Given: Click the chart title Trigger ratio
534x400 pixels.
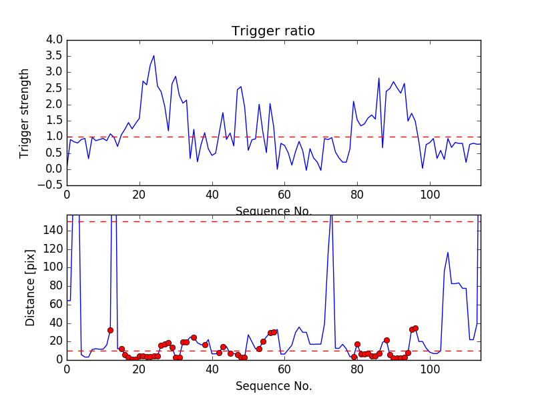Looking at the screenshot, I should tap(273, 31).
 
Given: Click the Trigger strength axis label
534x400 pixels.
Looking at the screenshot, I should tap(25, 113).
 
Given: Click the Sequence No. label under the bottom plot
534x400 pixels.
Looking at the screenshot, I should tap(273, 386).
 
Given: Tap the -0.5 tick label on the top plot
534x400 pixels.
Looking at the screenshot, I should tap(52, 185).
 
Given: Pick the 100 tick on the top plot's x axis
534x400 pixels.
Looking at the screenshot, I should tap(429, 195).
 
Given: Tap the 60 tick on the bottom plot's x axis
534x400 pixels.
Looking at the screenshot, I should tap(284, 369).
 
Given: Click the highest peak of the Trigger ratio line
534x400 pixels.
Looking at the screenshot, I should tap(154, 55).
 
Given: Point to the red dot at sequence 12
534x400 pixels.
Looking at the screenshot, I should tap(110, 330).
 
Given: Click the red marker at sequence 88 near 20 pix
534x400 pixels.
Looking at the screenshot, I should tap(386, 340).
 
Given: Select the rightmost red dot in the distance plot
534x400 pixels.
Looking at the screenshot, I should tap(415, 328).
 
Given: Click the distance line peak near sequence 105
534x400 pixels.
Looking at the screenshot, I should tap(447, 253).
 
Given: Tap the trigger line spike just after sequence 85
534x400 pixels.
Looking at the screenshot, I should tap(379, 78).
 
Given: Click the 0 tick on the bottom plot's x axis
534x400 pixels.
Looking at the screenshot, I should tap(67, 369).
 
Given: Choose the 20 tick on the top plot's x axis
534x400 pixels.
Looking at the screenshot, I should tap(140, 195).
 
